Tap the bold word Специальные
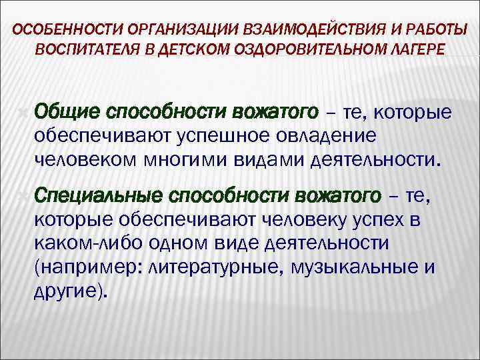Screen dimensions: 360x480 98,196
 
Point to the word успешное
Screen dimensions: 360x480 215,135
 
